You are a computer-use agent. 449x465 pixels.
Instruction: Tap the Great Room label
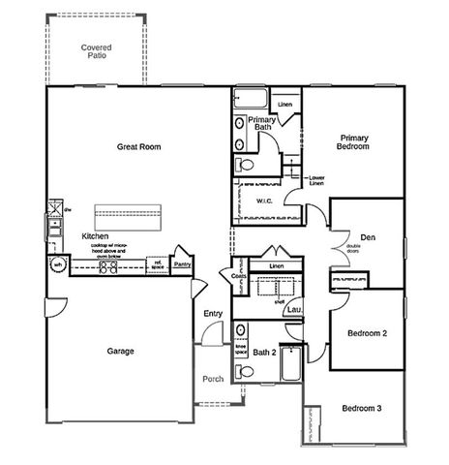point(138,147)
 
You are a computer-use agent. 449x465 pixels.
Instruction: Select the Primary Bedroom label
point(353,141)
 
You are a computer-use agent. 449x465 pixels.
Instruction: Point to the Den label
point(368,237)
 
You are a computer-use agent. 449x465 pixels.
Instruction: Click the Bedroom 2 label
point(368,333)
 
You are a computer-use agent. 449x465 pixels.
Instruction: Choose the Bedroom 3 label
point(361,409)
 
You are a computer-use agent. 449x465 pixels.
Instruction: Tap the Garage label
point(121,351)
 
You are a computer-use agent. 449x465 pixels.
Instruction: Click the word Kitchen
point(95,236)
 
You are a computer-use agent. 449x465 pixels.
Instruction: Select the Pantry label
point(181,263)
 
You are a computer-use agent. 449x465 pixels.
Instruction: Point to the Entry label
point(213,313)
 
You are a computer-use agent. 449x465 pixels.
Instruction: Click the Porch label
point(213,378)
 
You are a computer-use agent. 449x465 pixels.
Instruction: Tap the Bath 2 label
point(264,353)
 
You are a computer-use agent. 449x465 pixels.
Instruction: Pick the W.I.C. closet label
point(266,201)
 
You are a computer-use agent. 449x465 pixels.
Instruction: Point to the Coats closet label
point(239,276)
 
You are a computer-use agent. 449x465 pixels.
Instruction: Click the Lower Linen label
point(316,180)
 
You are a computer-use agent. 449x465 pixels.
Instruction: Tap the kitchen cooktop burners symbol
point(107,267)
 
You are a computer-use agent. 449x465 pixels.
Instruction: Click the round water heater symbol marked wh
point(58,263)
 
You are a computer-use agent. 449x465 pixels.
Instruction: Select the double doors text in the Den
point(352,249)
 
